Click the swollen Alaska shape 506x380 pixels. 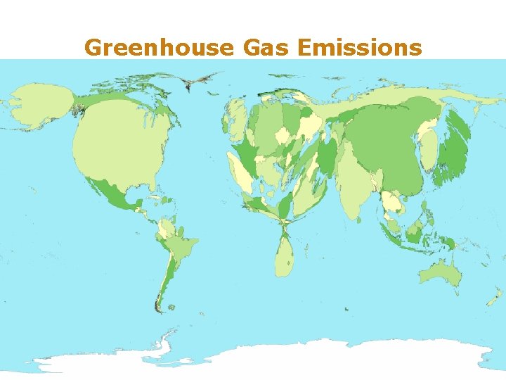[39, 106]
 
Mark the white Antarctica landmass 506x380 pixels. [316, 359]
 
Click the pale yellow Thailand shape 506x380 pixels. [390, 204]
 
